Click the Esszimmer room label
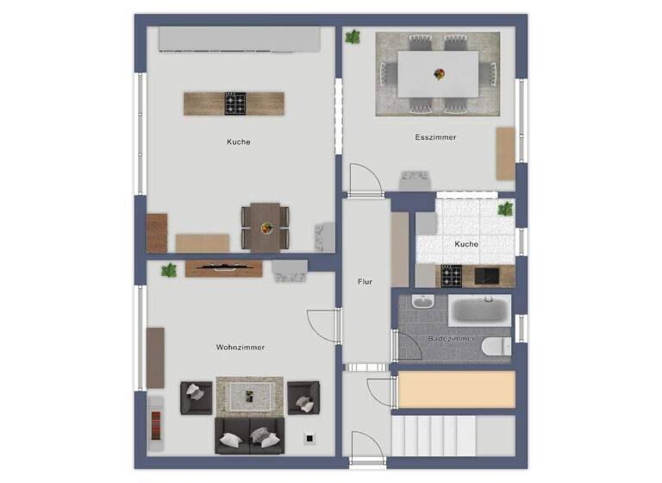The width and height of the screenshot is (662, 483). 435,137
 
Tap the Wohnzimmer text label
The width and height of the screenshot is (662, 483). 240,348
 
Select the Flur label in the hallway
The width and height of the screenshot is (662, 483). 365,282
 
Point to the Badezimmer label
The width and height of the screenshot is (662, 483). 452,339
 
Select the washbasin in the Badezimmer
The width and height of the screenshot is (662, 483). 422,303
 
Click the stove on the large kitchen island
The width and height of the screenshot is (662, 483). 234,103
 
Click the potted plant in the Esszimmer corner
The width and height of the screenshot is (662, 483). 353,37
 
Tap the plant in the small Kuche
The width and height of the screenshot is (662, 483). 504,209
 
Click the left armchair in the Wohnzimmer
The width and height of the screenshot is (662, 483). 196,397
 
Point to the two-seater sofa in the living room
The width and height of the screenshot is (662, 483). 249,436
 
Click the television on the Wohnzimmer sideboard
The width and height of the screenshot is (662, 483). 223,267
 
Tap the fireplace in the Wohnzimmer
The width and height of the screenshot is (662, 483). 156,423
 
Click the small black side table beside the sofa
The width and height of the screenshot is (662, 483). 308,437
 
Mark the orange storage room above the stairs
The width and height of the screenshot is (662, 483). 456,389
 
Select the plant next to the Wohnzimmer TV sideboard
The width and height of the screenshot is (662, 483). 169,270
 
